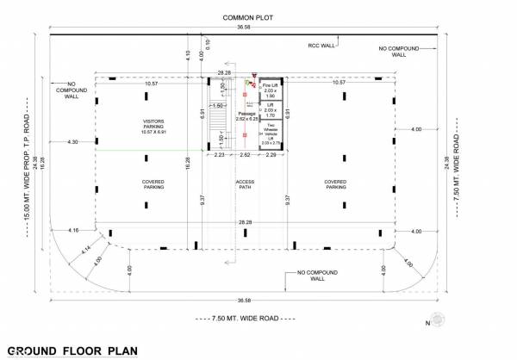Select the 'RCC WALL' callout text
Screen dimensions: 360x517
pyautogui.click(x=321, y=45)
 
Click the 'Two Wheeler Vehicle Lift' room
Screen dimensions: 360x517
pyautogui.click(x=269, y=134)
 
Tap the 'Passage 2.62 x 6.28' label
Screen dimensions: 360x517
pyautogui.click(x=248, y=115)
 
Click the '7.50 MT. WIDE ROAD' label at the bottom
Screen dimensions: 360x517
pyautogui.click(x=246, y=320)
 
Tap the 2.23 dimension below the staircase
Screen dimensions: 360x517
pyautogui.click(x=219, y=154)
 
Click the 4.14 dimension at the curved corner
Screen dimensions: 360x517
pyautogui.click(x=86, y=251)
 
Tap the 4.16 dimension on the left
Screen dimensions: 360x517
pyautogui.click(x=72, y=230)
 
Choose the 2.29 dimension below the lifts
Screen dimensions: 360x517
pyautogui.click(x=270, y=154)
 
